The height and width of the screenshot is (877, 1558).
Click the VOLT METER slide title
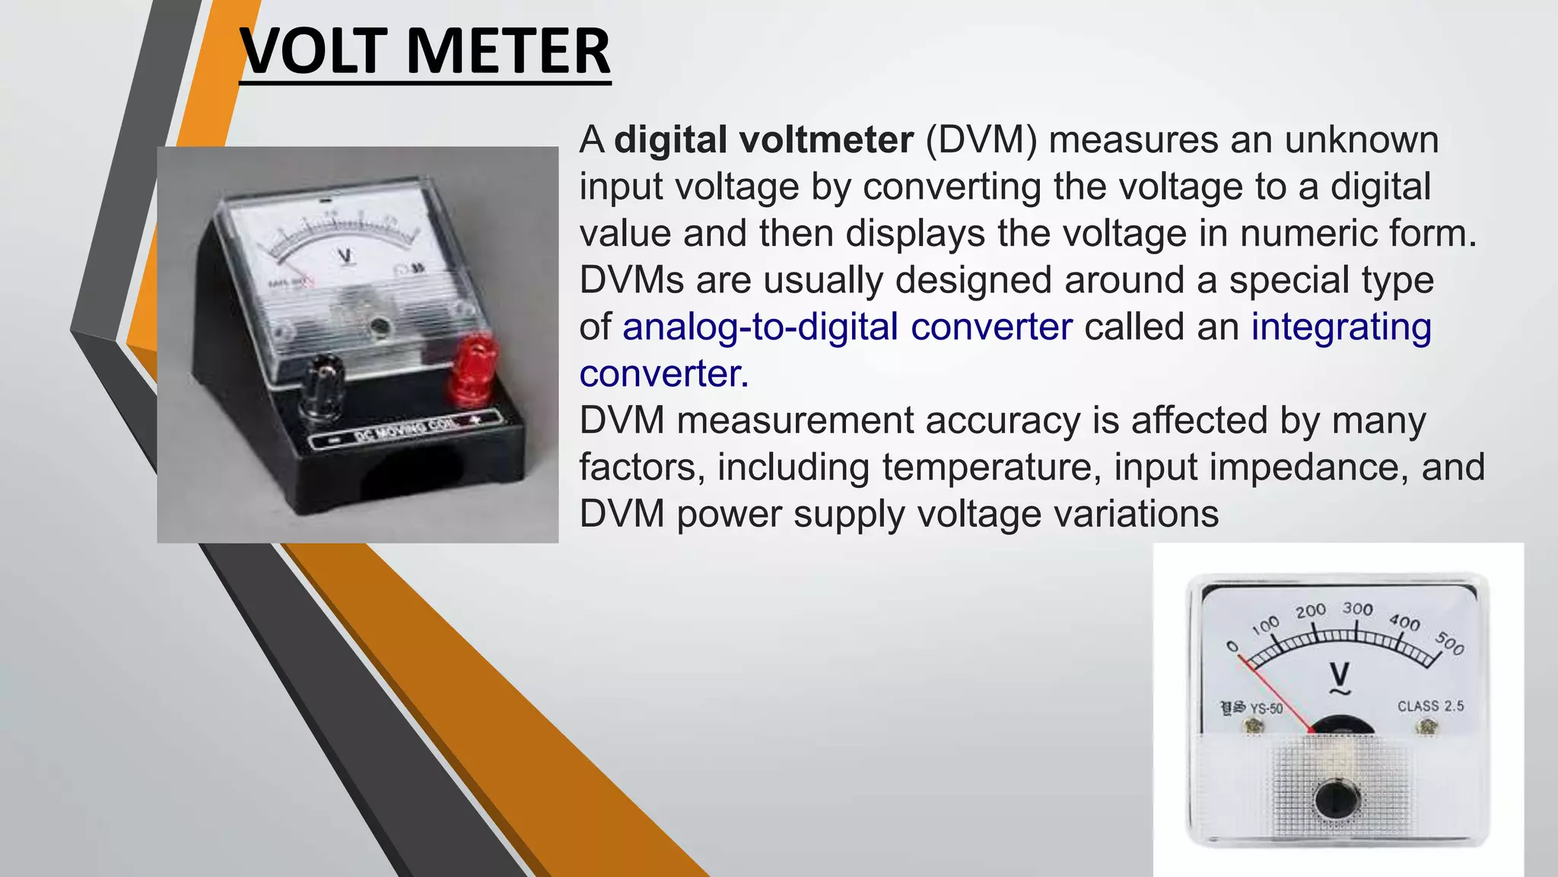pyautogui.click(x=424, y=52)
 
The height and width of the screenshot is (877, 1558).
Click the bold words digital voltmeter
pyautogui.click(x=763, y=140)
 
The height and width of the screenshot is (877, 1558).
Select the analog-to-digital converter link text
pyautogui.click(x=847, y=327)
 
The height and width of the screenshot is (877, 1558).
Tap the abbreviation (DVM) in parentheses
pyautogui.click(x=981, y=140)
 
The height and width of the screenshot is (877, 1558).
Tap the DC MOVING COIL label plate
pyautogui.click(x=407, y=430)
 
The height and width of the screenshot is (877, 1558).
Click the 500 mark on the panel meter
pyautogui.click(x=1449, y=643)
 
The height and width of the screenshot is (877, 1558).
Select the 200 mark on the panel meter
pyautogui.click(x=1310, y=611)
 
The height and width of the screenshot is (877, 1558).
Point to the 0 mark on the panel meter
pyautogui.click(x=1232, y=647)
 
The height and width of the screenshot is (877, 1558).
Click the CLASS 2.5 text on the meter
pyautogui.click(x=1430, y=706)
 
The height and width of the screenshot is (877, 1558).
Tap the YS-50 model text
pyautogui.click(x=1266, y=709)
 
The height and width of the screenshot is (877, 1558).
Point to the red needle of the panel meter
pyautogui.click(x=1278, y=693)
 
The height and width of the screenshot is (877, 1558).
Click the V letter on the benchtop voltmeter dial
pyautogui.click(x=345, y=255)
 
